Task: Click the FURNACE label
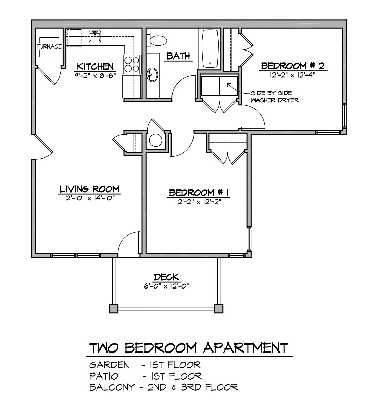coord(49,46)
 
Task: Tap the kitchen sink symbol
coord(95,36)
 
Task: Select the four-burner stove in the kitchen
coord(131,64)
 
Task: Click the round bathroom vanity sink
coord(153,74)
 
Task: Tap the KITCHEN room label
coord(95,66)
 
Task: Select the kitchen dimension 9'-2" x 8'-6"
coord(94,75)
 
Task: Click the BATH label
coord(178,56)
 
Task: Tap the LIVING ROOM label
coord(89,189)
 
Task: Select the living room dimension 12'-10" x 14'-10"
coord(89,198)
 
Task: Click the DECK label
coord(166,277)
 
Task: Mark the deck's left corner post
coord(114,308)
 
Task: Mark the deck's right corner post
coord(219,308)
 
